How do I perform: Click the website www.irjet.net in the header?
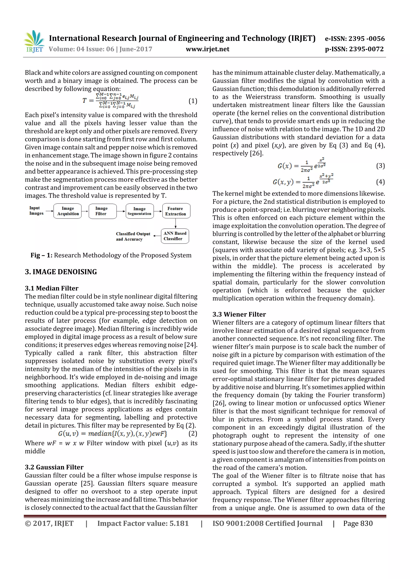[207, 49]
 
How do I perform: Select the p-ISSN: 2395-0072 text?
[354, 49]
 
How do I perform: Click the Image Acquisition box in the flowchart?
[68, 211]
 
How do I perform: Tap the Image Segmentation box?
[140, 211]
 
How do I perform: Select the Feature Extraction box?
[176, 211]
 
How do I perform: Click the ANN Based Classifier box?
[175, 236]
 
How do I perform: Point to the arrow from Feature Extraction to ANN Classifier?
[176, 223]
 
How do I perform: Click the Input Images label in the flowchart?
[36, 211]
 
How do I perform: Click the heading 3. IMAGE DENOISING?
[61, 272]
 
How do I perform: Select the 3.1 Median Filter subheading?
[51, 288]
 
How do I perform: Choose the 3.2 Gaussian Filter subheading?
[54, 467]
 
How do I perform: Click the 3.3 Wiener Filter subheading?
[239, 314]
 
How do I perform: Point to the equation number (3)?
[380, 166]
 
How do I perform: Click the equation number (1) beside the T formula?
[193, 101]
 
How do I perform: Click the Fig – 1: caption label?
[41, 255]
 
